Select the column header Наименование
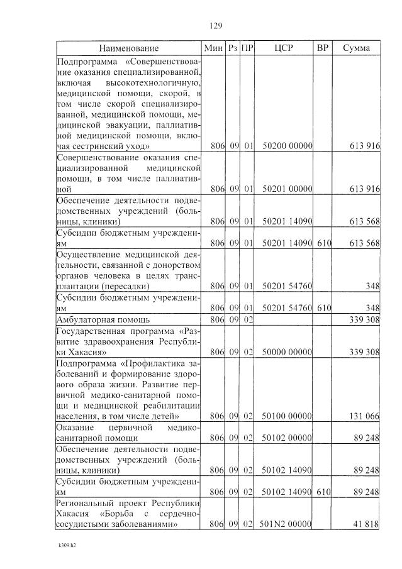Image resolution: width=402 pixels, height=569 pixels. pyautogui.click(x=128, y=48)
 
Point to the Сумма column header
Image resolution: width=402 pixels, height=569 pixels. pyautogui.click(x=356, y=48)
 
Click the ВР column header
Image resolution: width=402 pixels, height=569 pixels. pyautogui.click(x=322, y=48)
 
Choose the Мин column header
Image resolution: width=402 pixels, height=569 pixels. pyautogui.click(x=213, y=48)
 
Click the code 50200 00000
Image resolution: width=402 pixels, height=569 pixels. pyautogui.click(x=287, y=146)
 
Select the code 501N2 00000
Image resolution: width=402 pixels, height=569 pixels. pyautogui.click(x=286, y=524)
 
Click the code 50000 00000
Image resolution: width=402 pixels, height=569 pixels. pyautogui.click(x=287, y=351)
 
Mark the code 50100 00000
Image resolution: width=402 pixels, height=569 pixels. pyautogui.click(x=287, y=416)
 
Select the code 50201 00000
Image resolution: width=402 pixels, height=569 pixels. pyautogui.click(x=287, y=188)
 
